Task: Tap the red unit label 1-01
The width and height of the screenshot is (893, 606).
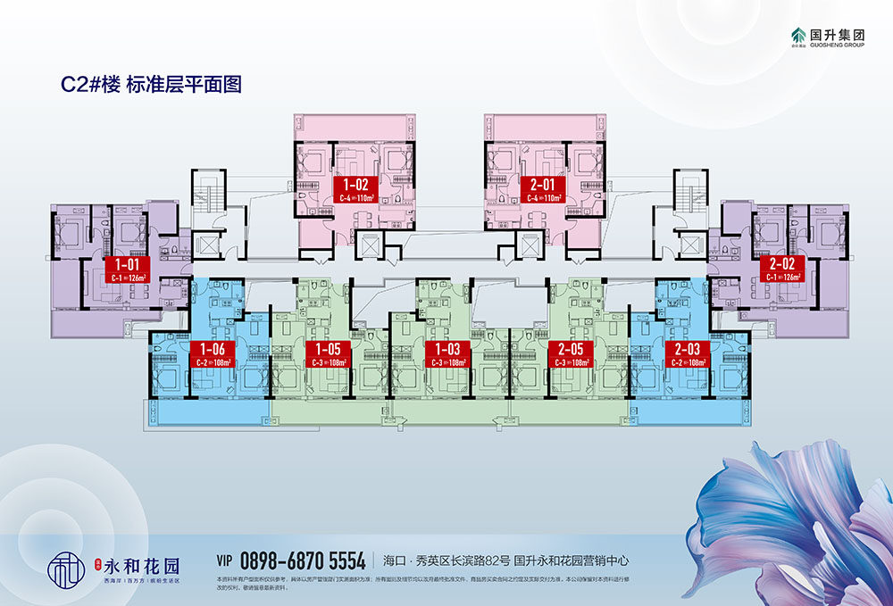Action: [125, 269]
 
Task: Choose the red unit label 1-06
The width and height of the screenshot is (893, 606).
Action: [213, 354]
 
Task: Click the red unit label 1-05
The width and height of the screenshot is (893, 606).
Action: [328, 354]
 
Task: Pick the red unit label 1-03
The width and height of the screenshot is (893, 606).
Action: [446, 354]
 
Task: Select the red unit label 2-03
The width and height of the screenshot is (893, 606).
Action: [687, 354]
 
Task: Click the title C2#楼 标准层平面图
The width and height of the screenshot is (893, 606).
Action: [151, 85]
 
